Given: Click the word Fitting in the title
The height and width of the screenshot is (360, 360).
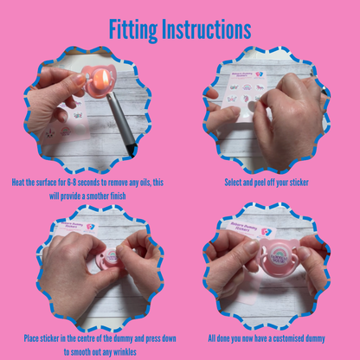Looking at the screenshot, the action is tap(133, 30).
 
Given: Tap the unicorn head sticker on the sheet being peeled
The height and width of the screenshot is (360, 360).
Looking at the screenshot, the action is tap(247, 99).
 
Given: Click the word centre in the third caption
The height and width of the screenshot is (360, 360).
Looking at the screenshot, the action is tap(86, 338).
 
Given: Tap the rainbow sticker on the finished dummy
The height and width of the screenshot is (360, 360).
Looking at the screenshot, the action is tap(278, 254).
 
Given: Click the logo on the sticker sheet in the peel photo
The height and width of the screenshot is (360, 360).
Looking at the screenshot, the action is tap(260, 74).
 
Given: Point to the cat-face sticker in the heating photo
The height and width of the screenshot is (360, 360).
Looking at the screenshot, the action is tap(50, 133).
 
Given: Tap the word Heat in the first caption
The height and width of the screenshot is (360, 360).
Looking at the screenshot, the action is tap(17, 183).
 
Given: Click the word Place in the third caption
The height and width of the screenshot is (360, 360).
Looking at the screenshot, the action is tap(31, 338).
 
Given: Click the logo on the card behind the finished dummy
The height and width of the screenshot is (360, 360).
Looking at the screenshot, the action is tap(266, 232).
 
